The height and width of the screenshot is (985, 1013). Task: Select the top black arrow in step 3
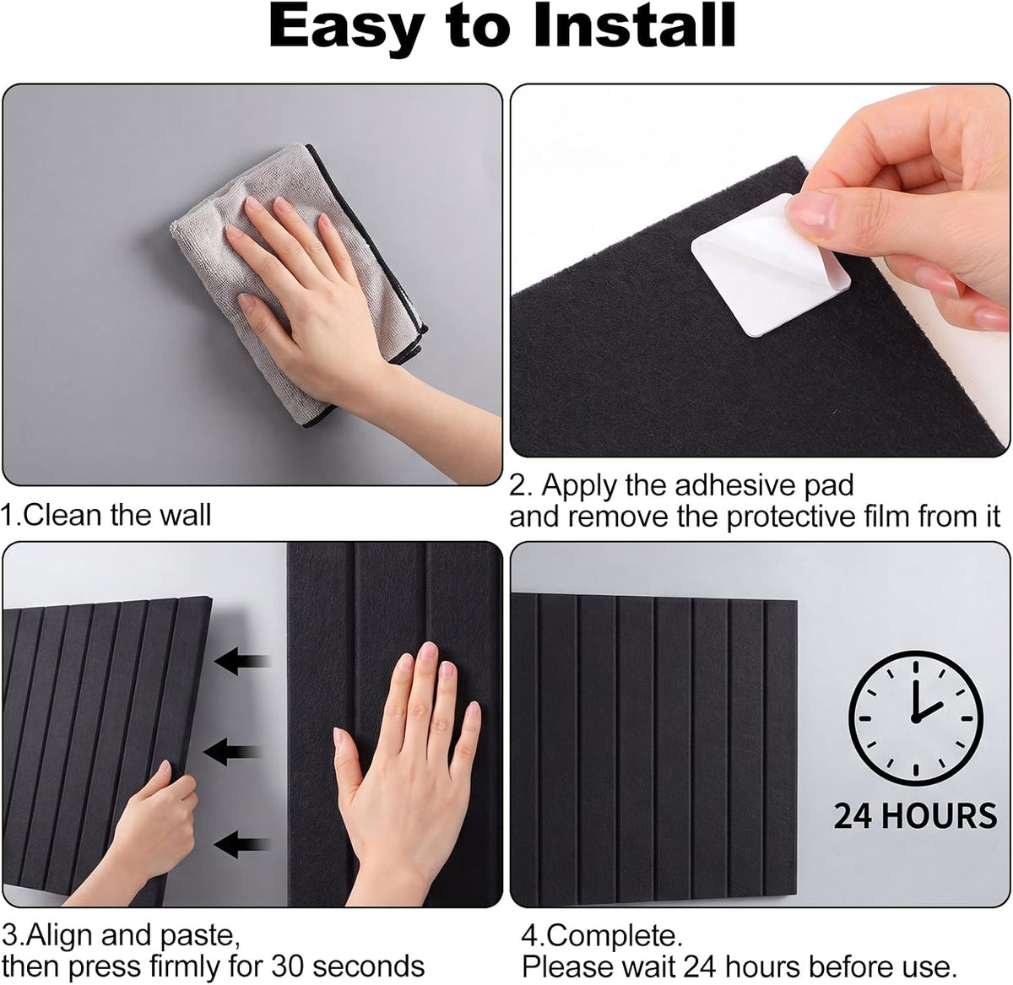242,661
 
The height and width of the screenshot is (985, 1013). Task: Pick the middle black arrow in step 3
231,752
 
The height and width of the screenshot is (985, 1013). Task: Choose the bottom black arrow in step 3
242,844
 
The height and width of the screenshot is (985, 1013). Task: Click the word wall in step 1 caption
185,515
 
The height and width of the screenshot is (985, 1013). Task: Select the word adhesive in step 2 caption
734,485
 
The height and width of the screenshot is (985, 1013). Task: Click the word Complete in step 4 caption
614,937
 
